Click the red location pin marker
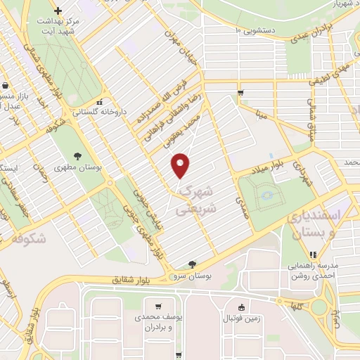point(181,165)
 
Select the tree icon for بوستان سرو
point(193,264)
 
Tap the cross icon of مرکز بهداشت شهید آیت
point(58,11)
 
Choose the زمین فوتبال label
point(242,318)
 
